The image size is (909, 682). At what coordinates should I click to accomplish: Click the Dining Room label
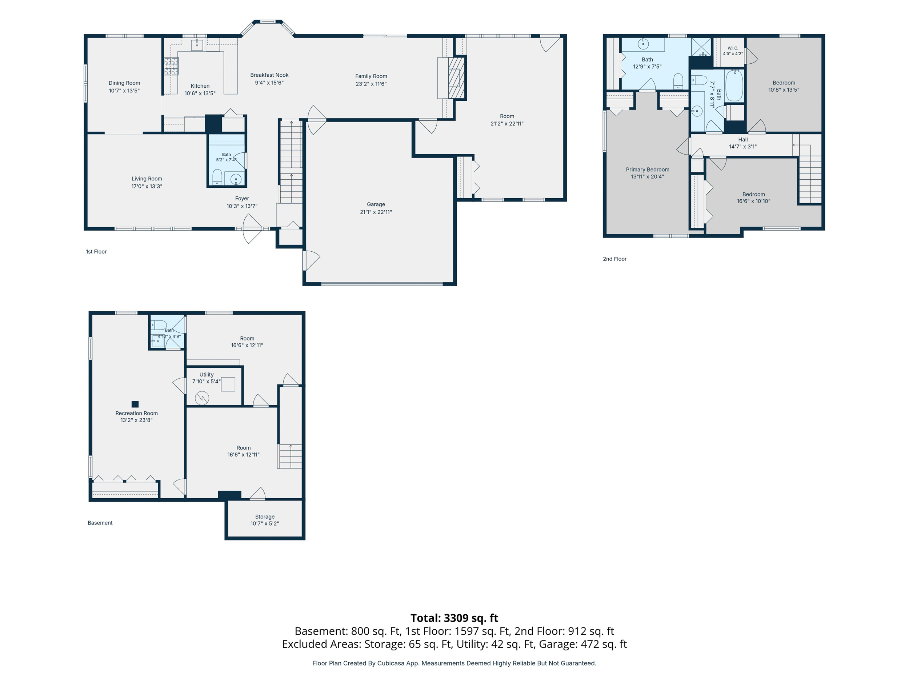[124, 83]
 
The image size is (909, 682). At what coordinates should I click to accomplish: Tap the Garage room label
[376, 204]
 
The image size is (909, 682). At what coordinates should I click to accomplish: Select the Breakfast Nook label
[269, 75]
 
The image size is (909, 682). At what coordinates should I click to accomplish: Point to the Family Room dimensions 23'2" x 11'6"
[371, 84]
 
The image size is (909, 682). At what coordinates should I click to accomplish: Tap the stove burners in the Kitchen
[171, 66]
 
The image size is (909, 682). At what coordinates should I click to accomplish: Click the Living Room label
[147, 179]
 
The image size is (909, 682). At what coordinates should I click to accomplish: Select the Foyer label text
[242, 199]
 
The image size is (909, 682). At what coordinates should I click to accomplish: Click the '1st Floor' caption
[96, 252]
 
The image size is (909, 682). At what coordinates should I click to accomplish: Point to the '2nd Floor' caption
[614, 259]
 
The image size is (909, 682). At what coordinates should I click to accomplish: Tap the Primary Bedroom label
[648, 170]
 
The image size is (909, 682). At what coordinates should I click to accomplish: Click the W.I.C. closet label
[733, 48]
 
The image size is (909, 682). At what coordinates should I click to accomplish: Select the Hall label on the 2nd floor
[742, 140]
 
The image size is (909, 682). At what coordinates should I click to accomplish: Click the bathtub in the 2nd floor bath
[734, 85]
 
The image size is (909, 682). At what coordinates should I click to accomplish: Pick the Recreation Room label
[136, 413]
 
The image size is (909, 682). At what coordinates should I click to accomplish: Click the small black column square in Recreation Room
[135, 404]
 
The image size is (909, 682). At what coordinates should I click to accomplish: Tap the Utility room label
[206, 375]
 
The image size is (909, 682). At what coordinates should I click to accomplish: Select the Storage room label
[265, 517]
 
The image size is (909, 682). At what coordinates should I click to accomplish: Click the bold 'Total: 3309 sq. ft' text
[454, 618]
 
